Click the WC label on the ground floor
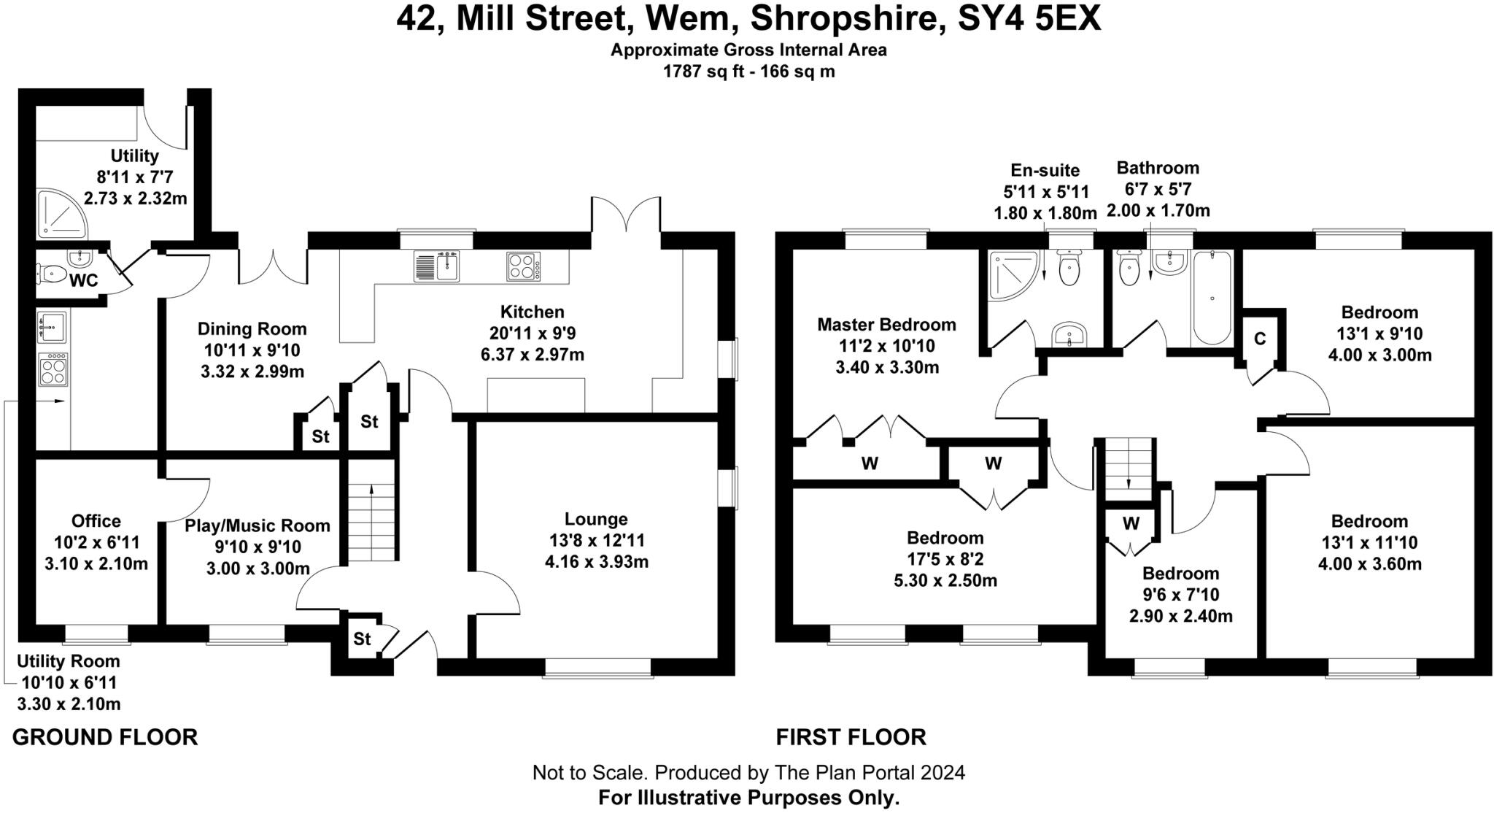coord(83,281)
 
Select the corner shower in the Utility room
coord(61,215)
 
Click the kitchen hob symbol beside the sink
coord(523,266)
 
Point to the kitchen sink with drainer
coord(436,266)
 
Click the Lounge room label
coord(596,519)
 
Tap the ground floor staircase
coord(371,511)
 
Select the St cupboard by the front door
coord(362,639)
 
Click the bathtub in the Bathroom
coord(1212,298)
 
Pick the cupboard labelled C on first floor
coord(1259,339)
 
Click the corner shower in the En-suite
coord(1012,275)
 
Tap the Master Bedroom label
coord(886,324)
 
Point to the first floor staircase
coord(1129,469)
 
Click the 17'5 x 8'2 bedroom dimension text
coord(945,560)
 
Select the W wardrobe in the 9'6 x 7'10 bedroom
coord(1131,523)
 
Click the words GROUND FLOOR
coord(105,737)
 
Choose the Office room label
coord(96,521)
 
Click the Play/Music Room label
coord(258,525)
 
